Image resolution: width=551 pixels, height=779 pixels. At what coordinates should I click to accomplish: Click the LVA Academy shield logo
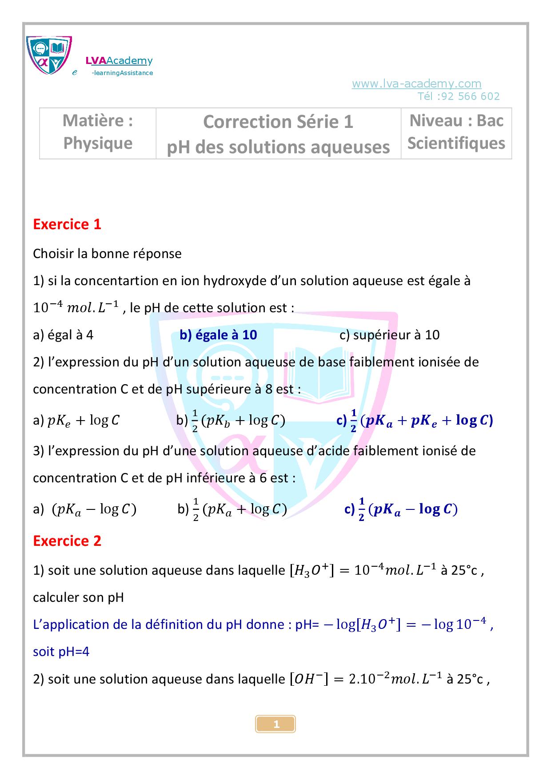[49, 55]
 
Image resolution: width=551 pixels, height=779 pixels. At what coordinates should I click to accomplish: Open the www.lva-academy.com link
[416, 83]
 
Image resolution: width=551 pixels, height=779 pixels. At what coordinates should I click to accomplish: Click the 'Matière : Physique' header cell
[98, 132]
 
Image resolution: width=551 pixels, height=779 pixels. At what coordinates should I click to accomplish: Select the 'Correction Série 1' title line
[278, 122]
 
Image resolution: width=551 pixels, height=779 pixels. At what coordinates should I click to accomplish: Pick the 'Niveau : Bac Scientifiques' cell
[456, 132]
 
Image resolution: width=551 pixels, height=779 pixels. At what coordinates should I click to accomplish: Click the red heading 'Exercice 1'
[67, 224]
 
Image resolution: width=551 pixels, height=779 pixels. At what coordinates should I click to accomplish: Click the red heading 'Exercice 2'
[67, 541]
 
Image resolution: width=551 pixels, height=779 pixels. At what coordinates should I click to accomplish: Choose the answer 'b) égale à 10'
[218, 335]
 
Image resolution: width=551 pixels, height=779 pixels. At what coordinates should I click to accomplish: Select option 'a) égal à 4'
[63, 335]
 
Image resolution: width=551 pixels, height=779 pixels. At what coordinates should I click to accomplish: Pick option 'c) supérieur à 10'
[389, 335]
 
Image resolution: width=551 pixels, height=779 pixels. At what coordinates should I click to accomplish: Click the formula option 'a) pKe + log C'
[76, 420]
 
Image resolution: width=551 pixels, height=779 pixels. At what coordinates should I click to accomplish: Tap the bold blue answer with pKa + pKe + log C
[415, 420]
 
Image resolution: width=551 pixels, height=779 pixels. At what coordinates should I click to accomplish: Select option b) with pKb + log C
[231, 420]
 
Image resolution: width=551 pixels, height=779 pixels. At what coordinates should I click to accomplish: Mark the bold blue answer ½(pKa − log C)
[401, 509]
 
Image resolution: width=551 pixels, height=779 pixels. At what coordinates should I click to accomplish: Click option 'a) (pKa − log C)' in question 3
[84, 509]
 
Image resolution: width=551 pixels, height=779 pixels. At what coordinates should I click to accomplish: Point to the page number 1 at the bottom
[276, 724]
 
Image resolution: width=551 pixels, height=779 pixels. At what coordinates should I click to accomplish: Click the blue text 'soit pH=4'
[61, 652]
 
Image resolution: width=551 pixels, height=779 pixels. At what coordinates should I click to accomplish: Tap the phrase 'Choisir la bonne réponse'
[107, 254]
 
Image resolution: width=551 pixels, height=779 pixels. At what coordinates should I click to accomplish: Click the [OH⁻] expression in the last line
[308, 679]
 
